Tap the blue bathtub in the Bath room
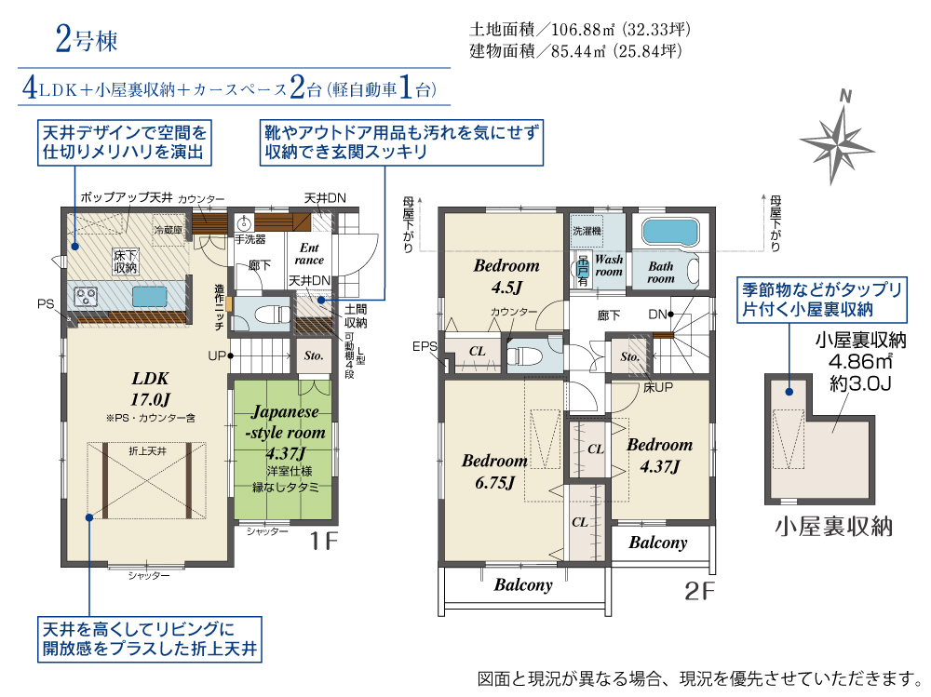(x=670, y=231)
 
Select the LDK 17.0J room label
(x=150, y=388)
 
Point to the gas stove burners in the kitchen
(x=86, y=296)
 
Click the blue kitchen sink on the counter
(x=149, y=296)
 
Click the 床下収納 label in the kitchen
(x=126, y=261)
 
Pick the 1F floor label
(x=324, y=541)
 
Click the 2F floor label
(x=699, y=591)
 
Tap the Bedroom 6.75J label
(x=494, y=472)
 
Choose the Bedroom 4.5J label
(x=506, y=276)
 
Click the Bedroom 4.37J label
(x=660, y=455)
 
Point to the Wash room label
(x=609, y=265)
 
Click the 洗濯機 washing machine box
(x=587, y=231)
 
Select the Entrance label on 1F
(x=309, y=253)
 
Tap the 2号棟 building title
(x=87, y=39)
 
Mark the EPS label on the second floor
(x=425, y=346)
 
